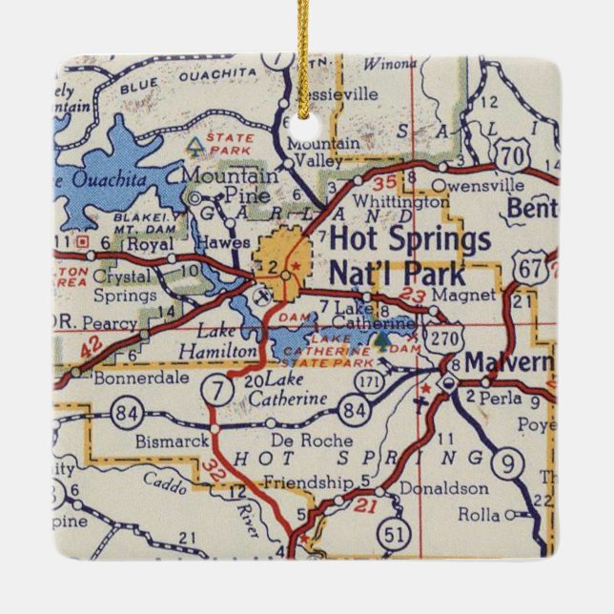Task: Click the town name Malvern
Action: click(x=508, y=363)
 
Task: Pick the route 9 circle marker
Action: click(x=511, y=465)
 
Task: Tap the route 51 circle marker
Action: click(x=391, y=534)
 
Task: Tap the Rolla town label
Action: click(x=479, y=515)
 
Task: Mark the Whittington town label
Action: click(x=400, y=201)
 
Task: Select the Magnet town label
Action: click(x=453, y=296)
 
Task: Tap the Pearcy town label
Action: click(x=111, y=322)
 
